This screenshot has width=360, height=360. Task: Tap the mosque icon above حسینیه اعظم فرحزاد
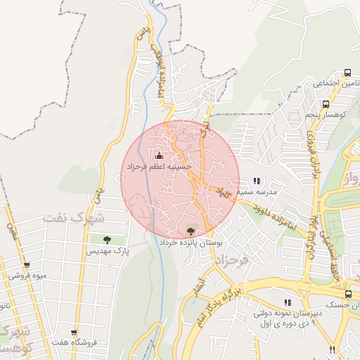[159, 155]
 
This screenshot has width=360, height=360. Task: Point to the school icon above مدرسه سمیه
[257, 181]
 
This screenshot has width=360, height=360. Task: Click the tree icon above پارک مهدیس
[108, 240]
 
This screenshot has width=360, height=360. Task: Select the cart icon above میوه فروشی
[27, 265]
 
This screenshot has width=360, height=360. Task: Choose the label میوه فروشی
[27, 276]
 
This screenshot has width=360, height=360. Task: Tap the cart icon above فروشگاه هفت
[74, 333]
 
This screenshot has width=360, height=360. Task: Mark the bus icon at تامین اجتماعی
[347, 72]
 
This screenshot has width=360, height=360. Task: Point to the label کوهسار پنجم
[325, 114]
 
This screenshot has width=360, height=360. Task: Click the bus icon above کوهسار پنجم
[335, 103]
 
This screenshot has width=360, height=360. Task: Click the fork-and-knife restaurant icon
[331, 349]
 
